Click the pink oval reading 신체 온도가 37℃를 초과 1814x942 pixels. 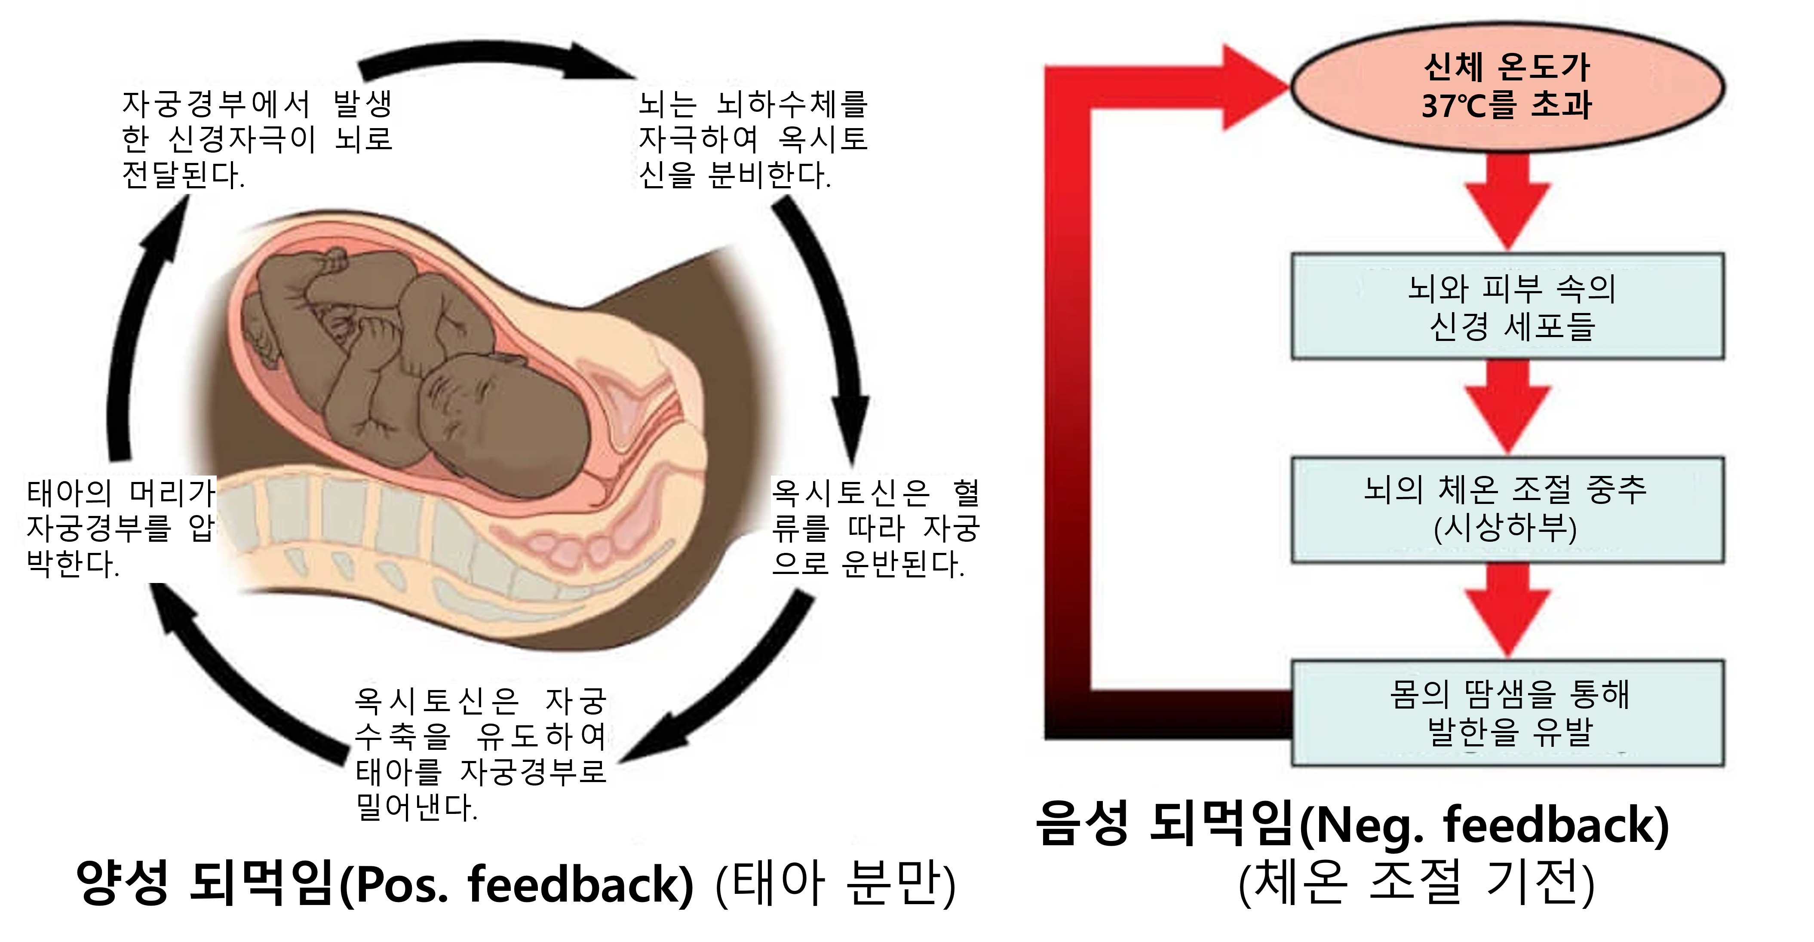(x=1507, y=88)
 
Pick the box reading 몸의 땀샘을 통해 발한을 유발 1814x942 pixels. (x=1507, y=712)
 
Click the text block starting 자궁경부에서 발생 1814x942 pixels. (x=257, y=139)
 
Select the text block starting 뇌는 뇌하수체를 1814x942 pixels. (x=753, y=139)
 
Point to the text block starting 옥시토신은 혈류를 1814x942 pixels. (x=875, y=528)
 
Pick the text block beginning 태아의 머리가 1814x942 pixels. (x=120, y=528)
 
